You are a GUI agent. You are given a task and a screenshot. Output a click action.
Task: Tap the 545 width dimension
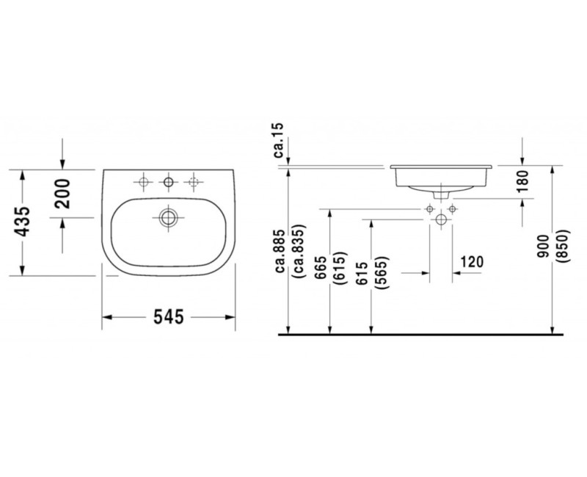pos(167,317)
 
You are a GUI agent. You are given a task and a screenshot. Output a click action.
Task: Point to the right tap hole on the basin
pos(194,181)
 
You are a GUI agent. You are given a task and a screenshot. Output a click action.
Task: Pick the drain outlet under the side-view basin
pos(441,195)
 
